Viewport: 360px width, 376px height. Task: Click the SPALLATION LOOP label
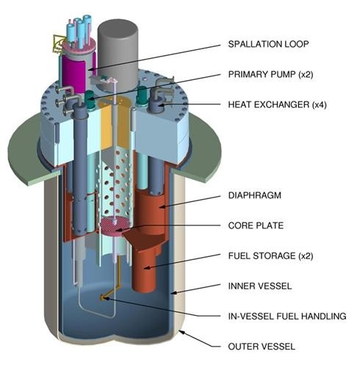pos(268,44)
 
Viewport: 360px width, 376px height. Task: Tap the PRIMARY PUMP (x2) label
pos(270,74)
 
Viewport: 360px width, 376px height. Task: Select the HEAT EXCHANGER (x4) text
pos(277,105)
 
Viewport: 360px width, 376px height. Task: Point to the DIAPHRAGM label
pos(255,195)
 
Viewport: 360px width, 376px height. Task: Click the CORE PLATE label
pos(256,225)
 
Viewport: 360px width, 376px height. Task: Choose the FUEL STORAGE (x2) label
pos(270,256)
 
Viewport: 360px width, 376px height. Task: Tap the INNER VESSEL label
pos(260,286)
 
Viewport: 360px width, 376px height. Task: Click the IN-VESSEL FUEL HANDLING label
pos(287,317)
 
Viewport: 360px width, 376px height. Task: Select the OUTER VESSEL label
pos(262,347)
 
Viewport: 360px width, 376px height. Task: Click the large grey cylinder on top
pos(118,54)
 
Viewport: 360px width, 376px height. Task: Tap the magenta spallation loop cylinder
pos(73,73)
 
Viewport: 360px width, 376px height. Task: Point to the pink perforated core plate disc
pos(115,226)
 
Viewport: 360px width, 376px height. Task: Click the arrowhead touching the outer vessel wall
pos(181,333)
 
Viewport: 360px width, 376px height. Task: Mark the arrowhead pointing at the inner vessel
pos(173,293)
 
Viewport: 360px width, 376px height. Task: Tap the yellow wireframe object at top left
pos(58,44)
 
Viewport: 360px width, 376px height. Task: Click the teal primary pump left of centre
pos(90,98)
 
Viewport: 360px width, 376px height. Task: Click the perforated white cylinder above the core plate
pos(115,184)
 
